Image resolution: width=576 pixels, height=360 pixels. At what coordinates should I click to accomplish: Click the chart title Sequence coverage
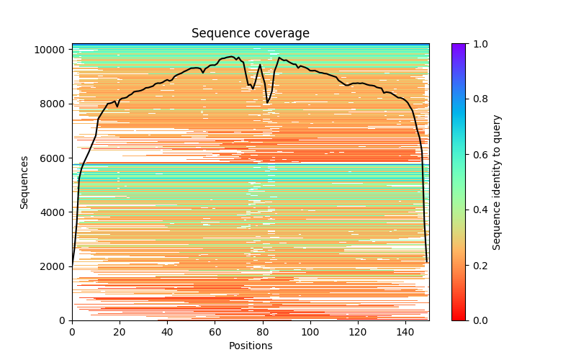click(x=250, y=33)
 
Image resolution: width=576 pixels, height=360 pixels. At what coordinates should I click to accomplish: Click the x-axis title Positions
click(x=250, y=346)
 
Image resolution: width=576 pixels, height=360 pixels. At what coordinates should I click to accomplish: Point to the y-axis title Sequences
click(x=24, y=182)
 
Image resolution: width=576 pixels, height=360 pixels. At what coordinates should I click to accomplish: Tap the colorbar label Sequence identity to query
click(x=497, y=182)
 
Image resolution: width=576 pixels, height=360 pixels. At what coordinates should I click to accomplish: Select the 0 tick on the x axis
click(x=72, y=333)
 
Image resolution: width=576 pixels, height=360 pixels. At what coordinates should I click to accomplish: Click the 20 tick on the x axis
click(x=120, y=333)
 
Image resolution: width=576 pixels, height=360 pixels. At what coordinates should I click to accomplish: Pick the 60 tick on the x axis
click(x=215, y=333)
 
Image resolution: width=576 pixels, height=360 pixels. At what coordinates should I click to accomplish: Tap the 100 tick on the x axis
click(x=310, y=333)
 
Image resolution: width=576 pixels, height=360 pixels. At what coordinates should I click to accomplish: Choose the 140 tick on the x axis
click(x=405, y=333)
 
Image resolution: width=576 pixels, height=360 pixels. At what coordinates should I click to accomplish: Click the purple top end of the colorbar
click(x=458, y=46)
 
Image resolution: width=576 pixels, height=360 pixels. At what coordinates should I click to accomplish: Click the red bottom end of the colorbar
click(x=458, y=318)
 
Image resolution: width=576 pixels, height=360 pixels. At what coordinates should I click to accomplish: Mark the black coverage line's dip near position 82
click(x=268, y=103)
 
